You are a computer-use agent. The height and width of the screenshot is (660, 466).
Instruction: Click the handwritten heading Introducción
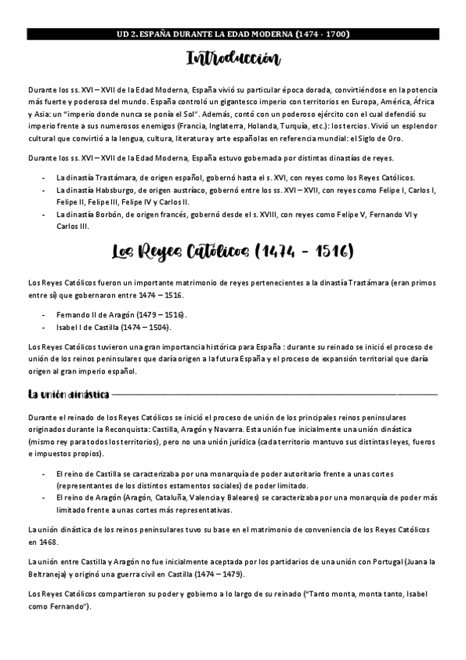coord(233,59)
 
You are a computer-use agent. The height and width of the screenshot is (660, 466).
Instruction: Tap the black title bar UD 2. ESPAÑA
coord(233,34)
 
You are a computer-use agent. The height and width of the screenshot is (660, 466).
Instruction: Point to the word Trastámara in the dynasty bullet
coord(115,177)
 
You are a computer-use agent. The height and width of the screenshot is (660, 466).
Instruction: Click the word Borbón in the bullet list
coord(111,214)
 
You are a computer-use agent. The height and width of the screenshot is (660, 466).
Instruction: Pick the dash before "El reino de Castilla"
coord(44,473)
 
